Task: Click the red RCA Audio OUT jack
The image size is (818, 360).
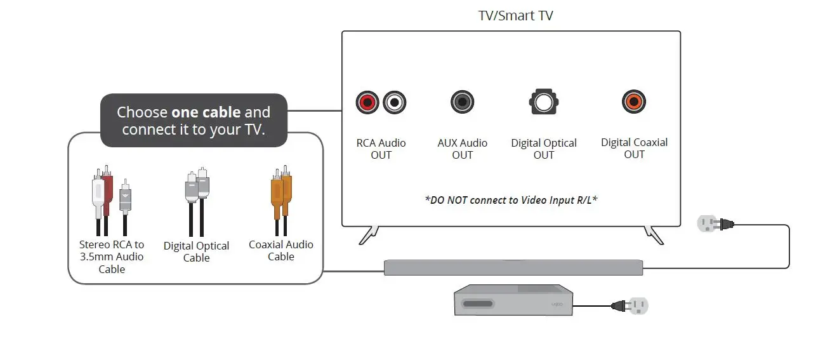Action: click(x=367, y=102)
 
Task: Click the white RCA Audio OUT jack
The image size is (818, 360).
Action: click(x=394, y=102)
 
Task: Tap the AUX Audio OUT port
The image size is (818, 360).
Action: click(x=462, y=102)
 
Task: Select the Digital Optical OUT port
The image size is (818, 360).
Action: click(x=543, y=102)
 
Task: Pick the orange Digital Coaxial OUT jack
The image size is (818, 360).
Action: click(x=633, y=101)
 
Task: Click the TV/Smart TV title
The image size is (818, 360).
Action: click(x=515, y=15)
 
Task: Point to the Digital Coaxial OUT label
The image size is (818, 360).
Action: click(x=634, y=149)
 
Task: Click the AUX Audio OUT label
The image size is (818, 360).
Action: click(x=462, y=149)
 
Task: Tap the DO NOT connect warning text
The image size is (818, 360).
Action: click(x=511, y=200)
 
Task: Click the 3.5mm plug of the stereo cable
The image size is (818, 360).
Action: click(x=126, y=197)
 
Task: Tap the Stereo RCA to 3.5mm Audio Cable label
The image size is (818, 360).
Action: click(x=112, y=257)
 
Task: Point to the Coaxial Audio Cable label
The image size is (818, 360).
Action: click(x=281, y=250)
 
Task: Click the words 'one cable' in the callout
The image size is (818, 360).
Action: click(x=206, y=112)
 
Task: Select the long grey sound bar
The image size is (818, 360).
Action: click(x=513, y=267)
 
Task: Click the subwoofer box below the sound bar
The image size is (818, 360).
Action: click(x=513, y=300)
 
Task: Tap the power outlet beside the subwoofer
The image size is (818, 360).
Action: click(x=638, y=306)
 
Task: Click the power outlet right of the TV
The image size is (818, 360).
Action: click(x=708, y=223)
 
